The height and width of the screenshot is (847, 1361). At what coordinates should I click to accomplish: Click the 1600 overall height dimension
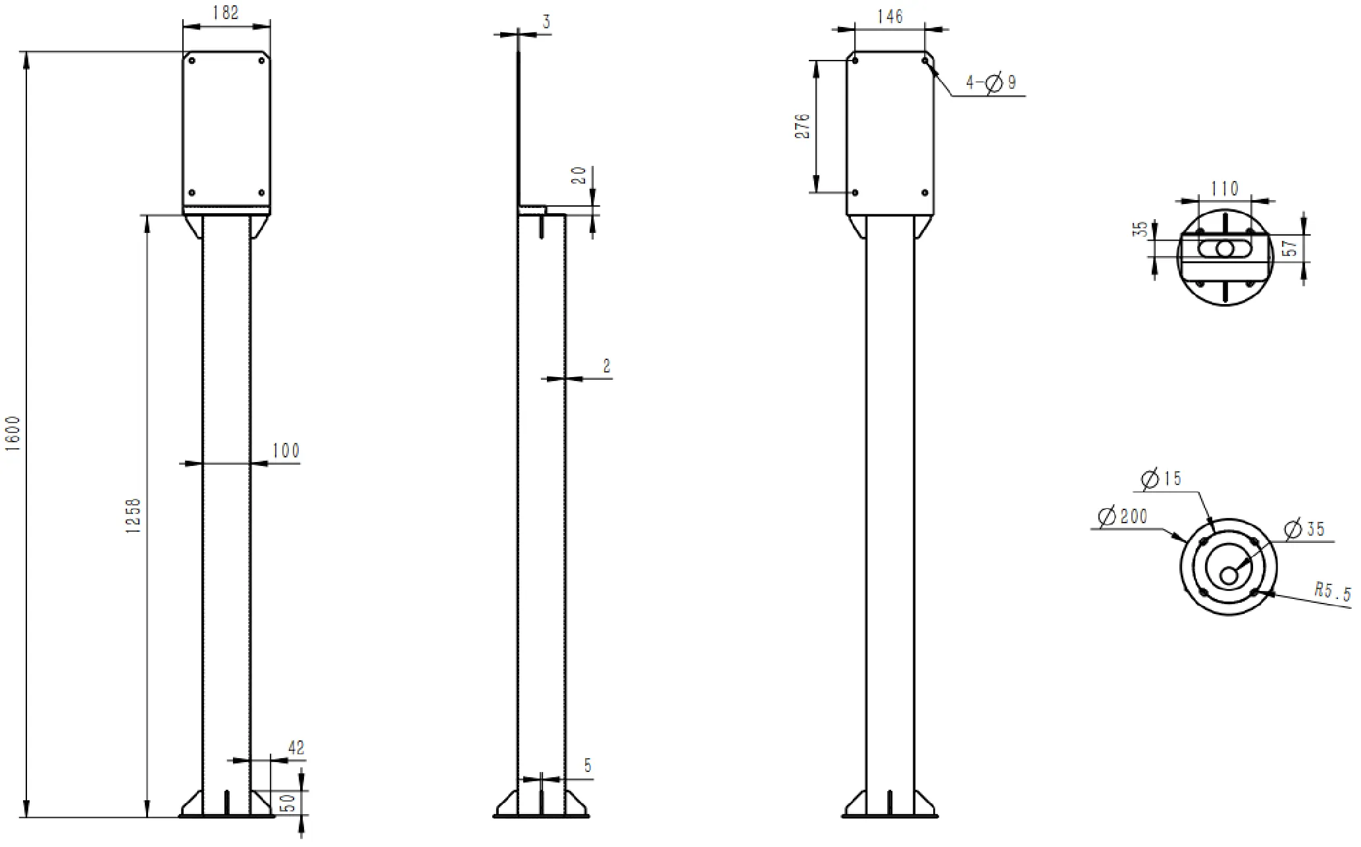(13, 433)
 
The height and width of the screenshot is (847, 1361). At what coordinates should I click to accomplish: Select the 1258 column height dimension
(134, 515)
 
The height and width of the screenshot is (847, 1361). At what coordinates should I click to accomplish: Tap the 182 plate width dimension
(226, 13)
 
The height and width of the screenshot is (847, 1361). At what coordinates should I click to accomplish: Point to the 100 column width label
(286, 451)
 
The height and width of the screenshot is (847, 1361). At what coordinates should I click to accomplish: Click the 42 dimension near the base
(296, 748)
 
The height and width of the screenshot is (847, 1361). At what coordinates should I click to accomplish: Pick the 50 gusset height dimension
(288, 803)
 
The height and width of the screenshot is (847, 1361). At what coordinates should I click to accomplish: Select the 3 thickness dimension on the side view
(546, 22)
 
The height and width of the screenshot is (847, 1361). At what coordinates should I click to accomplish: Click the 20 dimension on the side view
(578, 175)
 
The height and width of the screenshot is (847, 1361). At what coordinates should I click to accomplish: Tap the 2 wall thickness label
(606, 366)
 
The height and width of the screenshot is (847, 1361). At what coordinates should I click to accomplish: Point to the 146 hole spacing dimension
(890, 16)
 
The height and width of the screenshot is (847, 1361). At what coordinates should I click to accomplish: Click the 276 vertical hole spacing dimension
(803, 126)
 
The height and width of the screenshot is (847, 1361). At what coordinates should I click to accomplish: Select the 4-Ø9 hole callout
(990, 82)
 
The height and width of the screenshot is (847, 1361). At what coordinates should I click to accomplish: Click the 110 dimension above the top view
(1224, 189)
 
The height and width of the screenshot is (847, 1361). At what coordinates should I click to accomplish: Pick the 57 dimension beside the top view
(1291, 248)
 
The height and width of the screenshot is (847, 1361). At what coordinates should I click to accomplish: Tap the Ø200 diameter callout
(1123, 516)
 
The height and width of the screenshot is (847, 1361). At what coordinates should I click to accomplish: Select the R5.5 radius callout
(1331, 591)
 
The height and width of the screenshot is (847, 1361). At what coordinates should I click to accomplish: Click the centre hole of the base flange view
(1228, 575)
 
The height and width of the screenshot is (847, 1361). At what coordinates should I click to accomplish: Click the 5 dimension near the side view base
(587, 765)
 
